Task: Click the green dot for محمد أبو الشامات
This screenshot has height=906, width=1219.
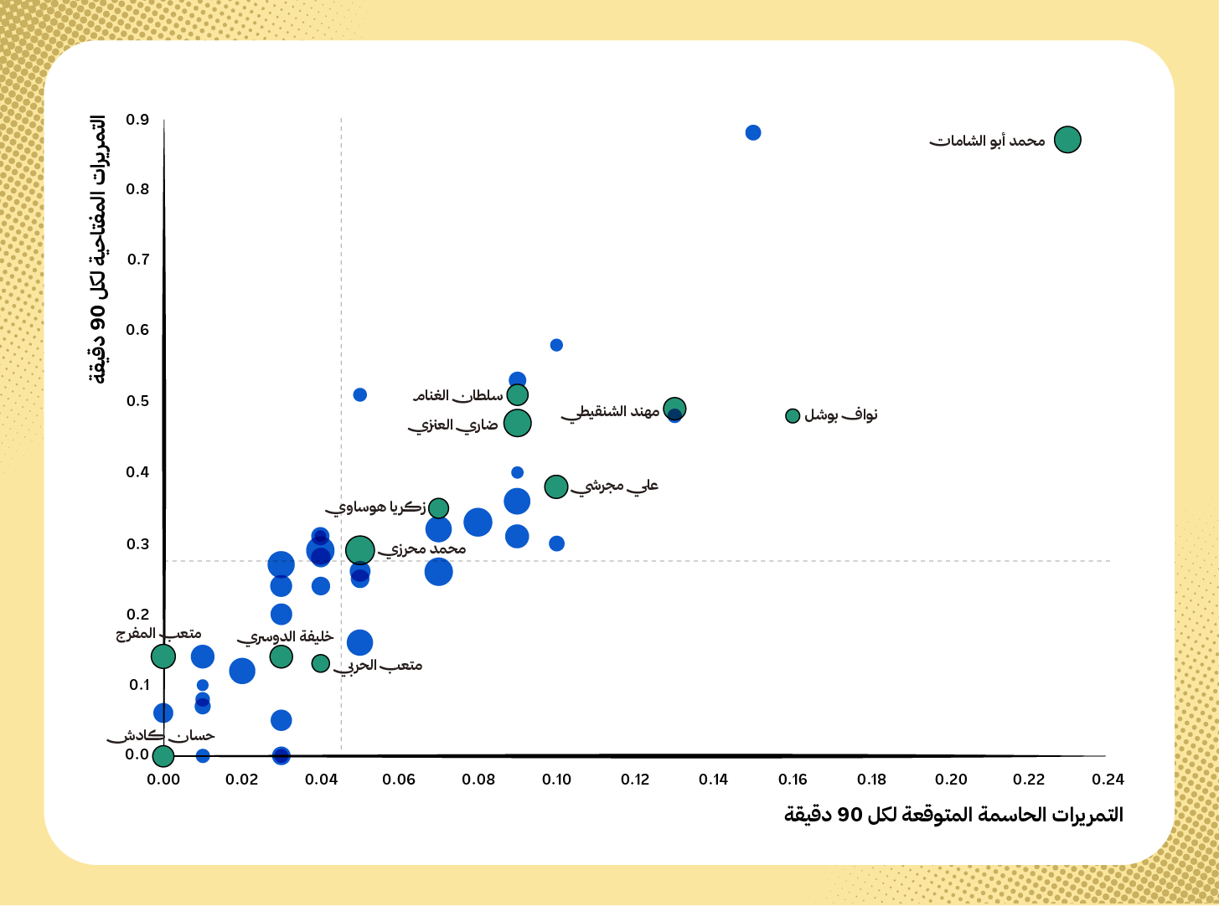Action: pos(1067,140)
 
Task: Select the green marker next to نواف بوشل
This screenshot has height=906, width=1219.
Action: pos(793,416)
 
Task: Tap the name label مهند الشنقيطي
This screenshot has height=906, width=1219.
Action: pos(611,411)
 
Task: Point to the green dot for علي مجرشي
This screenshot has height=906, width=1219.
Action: pos(556,486)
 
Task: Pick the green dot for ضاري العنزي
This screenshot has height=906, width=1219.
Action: pos(518,423)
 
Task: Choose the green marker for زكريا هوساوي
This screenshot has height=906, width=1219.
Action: pos(438,508)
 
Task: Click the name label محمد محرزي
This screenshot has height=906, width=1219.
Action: pos(421,549)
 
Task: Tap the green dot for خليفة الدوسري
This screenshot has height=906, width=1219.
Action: pos(282,656)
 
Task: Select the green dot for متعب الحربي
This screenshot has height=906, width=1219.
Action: pos(321,663)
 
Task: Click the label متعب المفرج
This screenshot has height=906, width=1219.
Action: pos(158,634)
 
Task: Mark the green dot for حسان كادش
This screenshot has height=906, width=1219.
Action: pos(163,756)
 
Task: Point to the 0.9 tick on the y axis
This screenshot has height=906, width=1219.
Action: pos(137,120)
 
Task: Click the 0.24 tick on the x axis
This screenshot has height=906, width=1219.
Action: pos(1108,780)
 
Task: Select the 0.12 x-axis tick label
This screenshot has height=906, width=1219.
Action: pos(636,780)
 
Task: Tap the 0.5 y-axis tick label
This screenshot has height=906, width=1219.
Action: pos(137,401)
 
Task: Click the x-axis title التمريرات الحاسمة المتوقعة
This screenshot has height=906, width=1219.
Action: pos(953,815)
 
